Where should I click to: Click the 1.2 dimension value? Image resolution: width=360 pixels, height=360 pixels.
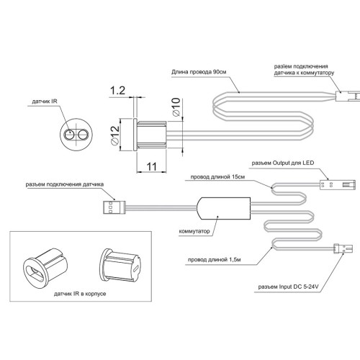pyautogui.click(x=117, y=91)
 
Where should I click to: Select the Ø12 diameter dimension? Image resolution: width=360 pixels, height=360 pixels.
pyautogui.click(x=115, y=135)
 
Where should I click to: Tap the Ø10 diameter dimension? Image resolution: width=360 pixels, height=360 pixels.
pyautogui.click(x=176, y=107)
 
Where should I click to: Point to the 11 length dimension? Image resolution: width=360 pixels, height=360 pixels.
pyautogui.click(x=151, y=166)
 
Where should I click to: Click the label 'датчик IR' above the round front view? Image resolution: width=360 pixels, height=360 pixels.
pyautogui.click(x=45, y=102)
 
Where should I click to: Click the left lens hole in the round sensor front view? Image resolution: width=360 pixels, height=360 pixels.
pyautogui.click(x=69, y=135)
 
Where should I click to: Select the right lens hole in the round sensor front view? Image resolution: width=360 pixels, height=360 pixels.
pyautogui.click(x=83, y=135)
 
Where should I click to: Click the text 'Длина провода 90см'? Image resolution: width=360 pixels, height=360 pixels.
pyautogui.click(x=199, y=72)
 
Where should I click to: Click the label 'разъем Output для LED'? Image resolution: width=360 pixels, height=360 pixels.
pyautogui.click(x=283, y=163)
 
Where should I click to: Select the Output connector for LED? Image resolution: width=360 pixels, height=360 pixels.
pyautogui.click(x=338, y=184)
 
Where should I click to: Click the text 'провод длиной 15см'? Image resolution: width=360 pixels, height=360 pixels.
pyautogui.click(x=217, y=177)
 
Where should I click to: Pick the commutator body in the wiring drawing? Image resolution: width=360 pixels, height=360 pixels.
pyautogui.click(x=223, y=208)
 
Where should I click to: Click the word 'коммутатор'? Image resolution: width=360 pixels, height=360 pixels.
pyautogui.click(x=194, y=231)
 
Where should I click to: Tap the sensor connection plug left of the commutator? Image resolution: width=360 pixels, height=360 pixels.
pyautogui.click(x=114, y=207)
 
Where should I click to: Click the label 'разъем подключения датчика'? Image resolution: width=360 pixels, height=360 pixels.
pyautogui.click(x=65, y=184)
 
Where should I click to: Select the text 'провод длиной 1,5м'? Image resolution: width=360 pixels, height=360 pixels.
pyautogui.click(x=215, y=260)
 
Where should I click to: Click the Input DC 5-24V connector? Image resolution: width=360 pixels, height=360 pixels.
pyautogui.click(x=343, y=248)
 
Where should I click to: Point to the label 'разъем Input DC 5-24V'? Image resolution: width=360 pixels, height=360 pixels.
pyautogui.click(x=288, y=287)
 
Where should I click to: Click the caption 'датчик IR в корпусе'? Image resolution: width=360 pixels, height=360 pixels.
pyautogui.click(x=80, y=294)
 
